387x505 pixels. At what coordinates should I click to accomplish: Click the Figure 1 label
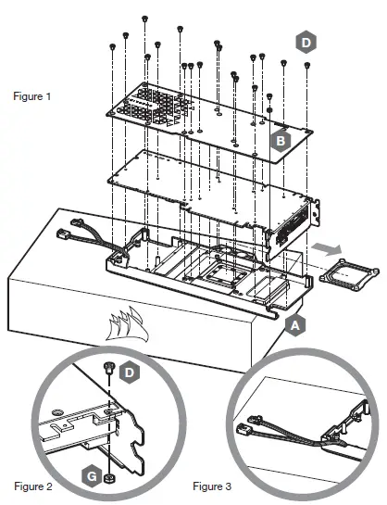click(32, 96)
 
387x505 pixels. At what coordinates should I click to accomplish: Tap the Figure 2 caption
click(33, 486)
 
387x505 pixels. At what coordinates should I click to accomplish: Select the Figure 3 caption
click(212, 486)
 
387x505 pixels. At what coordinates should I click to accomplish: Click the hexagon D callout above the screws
click(306, 43)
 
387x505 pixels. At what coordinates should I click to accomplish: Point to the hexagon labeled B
click(281, 141)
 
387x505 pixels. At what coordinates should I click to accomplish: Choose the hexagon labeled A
click(295, 325)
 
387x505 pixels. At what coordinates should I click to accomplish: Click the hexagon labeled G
click(92, 476)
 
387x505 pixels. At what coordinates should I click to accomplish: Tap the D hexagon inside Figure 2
click(129, 372)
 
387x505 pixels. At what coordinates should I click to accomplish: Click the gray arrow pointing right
click(327, 249)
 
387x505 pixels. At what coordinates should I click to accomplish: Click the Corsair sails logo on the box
click(127, 323)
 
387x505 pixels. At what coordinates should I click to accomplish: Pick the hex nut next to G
click(109, 478)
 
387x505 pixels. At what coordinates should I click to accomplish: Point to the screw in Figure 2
click(108, 368)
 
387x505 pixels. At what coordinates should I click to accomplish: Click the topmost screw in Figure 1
click(144, 19)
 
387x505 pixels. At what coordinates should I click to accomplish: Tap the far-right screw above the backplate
click(306, 66)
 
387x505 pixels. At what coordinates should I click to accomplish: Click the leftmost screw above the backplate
click(112, 47)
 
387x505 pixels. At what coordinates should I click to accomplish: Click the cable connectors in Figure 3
click(249, 423)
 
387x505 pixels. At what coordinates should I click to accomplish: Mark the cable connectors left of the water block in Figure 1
click(69, 229)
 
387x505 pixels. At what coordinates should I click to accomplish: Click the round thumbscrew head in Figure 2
click(57, 412)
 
